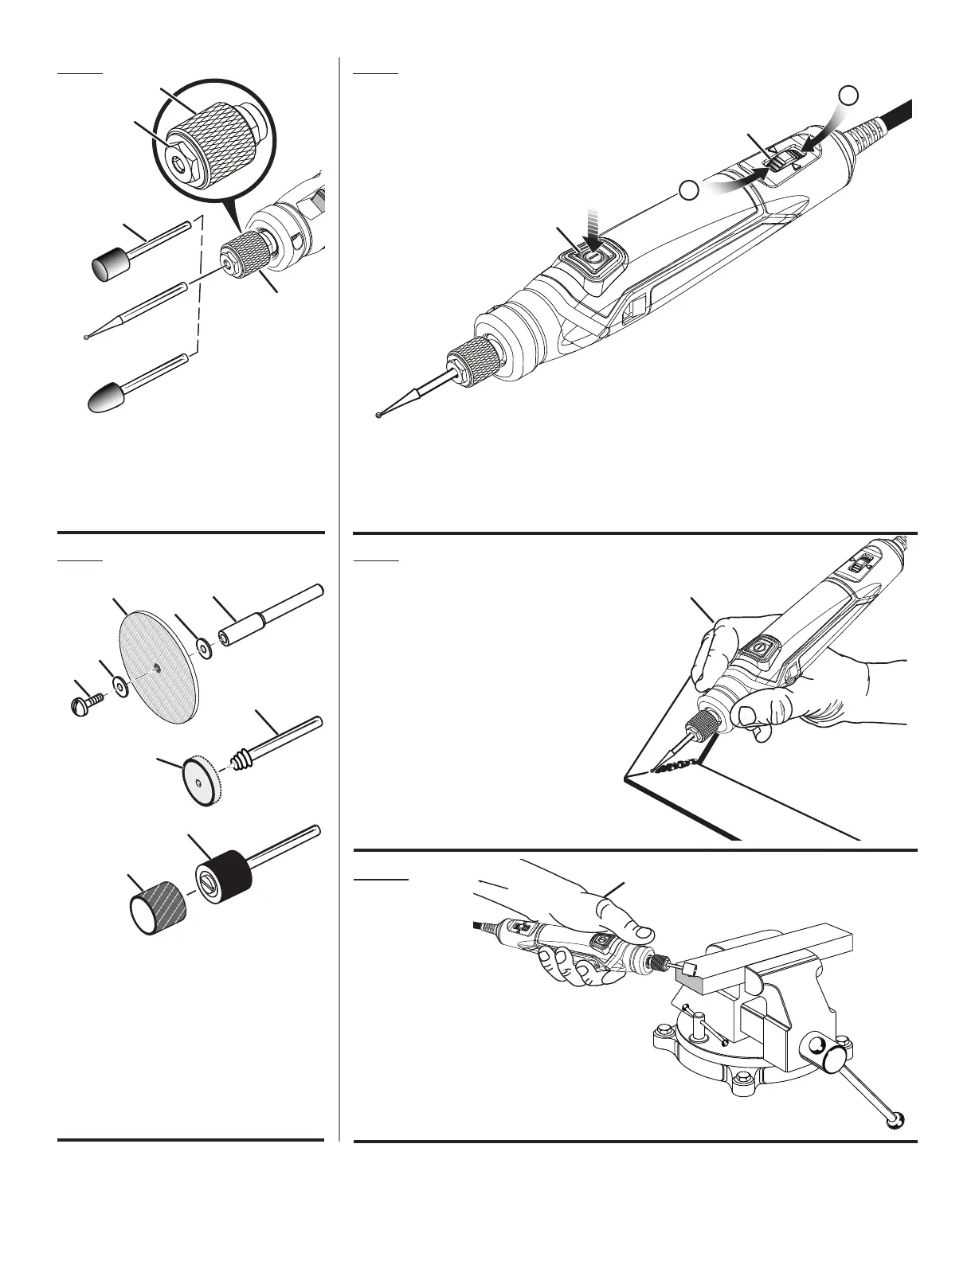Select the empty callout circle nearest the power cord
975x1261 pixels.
point(850,95)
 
